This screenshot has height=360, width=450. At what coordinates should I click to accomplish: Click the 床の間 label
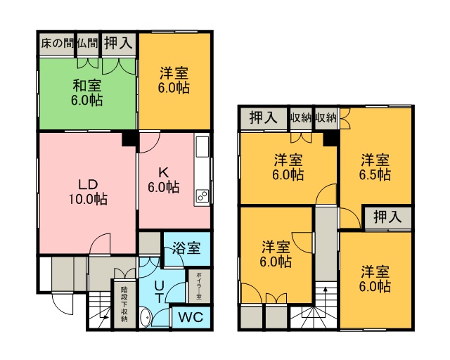tap(57, 44)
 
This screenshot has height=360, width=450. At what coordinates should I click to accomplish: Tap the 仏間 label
tap(88, 44)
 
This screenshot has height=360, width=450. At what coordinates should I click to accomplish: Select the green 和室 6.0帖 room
tap(87, 94)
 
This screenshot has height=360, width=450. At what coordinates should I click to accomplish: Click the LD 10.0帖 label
tap(88, 192)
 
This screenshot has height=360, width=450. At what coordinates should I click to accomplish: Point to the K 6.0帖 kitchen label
tap(164, 180)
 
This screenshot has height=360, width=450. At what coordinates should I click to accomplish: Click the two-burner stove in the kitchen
tap(202, 197)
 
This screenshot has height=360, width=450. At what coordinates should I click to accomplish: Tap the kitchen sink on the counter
tap(202, 147)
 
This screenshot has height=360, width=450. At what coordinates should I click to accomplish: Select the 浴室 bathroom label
tap(186, 247)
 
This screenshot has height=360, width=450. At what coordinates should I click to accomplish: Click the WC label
tap(191, 317)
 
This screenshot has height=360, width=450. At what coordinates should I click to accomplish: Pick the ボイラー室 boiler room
tap(199, 286)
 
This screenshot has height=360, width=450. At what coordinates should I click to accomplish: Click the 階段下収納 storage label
tap(124, 304)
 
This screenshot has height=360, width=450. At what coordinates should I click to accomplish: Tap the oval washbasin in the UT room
tap(146, 317)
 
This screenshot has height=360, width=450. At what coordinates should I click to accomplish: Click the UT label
tap(159, 292)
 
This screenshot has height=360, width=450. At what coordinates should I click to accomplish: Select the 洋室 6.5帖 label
tap(375, 167)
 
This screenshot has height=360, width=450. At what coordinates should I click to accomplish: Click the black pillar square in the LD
tap(129, 139)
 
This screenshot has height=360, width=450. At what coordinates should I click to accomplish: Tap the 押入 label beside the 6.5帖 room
tap(387, 217)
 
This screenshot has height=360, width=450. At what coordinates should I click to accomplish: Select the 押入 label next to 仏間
tap(118, 44)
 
